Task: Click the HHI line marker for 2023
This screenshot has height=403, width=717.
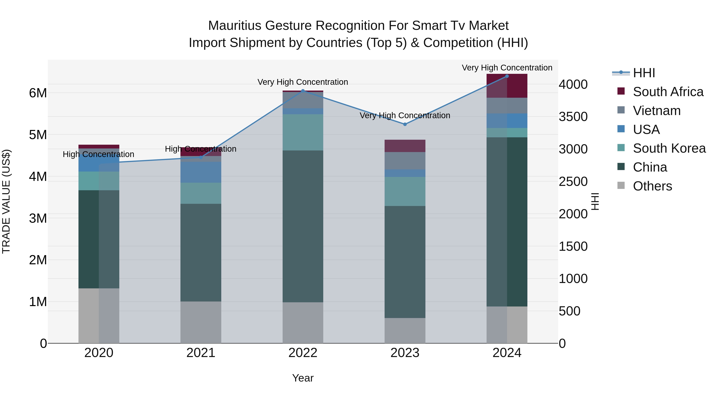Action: point(405,124)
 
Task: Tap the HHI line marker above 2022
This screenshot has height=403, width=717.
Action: point(303,91)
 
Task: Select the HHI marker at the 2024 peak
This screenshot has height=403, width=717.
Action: point(507,76)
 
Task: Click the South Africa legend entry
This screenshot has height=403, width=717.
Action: point(668,92)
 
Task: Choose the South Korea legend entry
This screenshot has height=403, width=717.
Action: point(669,148)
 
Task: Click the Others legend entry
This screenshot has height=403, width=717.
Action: point(652,186)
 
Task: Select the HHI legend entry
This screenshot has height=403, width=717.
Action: point(644,73)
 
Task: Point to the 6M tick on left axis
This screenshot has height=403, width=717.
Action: point(38,93)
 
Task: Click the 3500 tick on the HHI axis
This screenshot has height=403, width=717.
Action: point(573,117)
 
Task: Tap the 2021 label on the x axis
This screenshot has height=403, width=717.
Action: point(201,353)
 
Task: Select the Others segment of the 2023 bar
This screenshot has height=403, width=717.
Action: point(405,330)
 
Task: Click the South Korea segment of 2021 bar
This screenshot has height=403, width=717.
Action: point(201,193)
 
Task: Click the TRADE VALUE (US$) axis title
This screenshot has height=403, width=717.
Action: point(6,201)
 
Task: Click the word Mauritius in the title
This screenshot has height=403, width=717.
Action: point(235,26)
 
